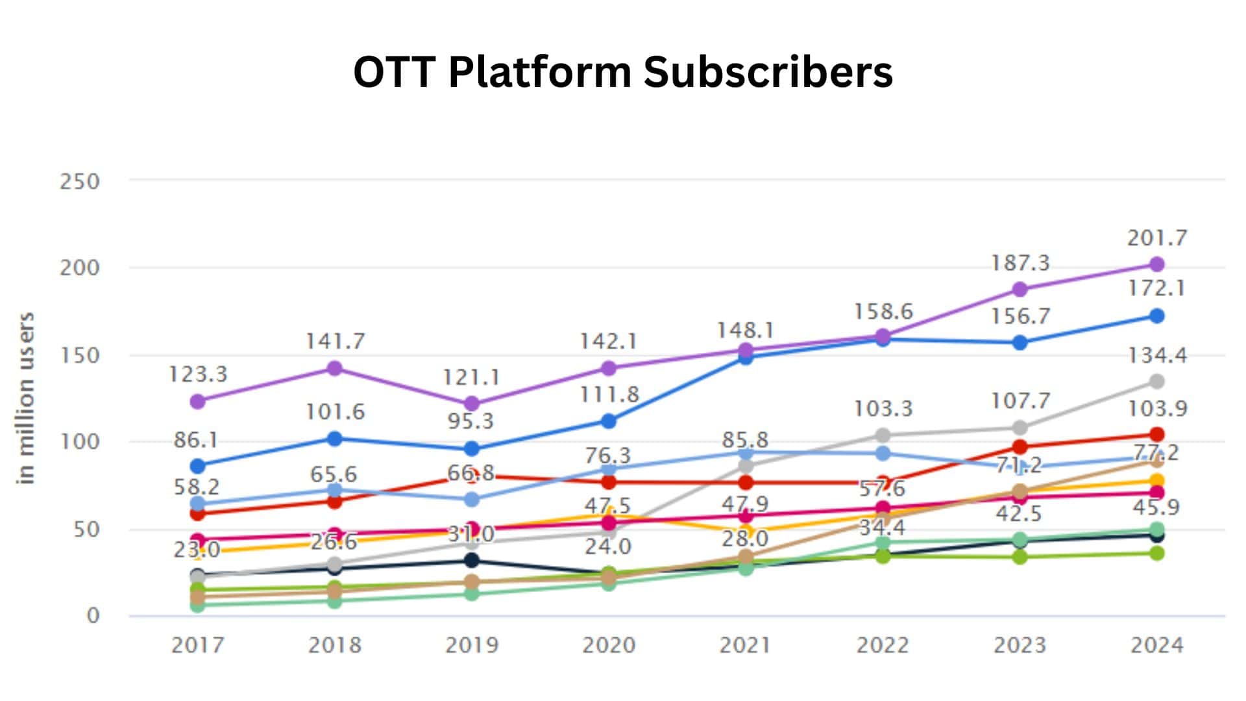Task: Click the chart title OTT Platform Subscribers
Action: click(623, 71)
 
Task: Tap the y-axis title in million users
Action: click(25, 399)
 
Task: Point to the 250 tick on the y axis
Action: click(80, 181)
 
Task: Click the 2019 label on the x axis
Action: click(472, 645)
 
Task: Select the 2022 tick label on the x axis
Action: click(883, 645)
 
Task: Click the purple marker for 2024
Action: click(1156, 264)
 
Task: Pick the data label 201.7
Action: click(1156, 238)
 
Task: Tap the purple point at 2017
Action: click(198, 401)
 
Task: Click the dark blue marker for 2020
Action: click(608, 421)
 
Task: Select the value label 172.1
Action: click(1156, 288)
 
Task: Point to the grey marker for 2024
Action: click(1156, 381)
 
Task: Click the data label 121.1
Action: click(471, 377)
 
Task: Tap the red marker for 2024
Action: click(1156, 434)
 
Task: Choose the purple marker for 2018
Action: click(334, 369)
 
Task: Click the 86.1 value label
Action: click(196, 441)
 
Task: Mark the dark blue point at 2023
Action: click(1020, 342)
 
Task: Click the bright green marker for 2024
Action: click(1156, 553)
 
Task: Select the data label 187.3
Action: click(1020, 263)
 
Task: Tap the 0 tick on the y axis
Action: click(93, 615)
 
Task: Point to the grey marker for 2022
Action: click(883, 435)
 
